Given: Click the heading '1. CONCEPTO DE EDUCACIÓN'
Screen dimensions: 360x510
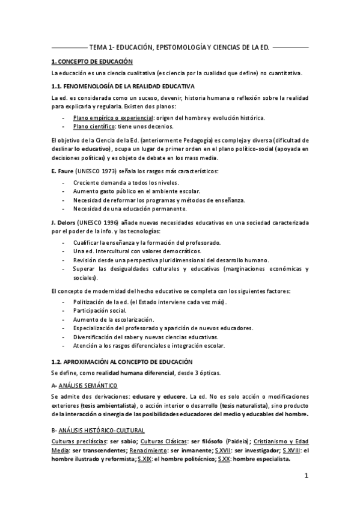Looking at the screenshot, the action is (x=93, y=61).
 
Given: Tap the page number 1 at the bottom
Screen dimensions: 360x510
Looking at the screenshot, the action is (x=306, y=477).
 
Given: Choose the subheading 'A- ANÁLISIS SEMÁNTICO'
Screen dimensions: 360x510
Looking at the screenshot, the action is (x=85, y=385).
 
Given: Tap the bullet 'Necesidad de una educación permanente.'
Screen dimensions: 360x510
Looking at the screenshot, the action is (x=130, y=208).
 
